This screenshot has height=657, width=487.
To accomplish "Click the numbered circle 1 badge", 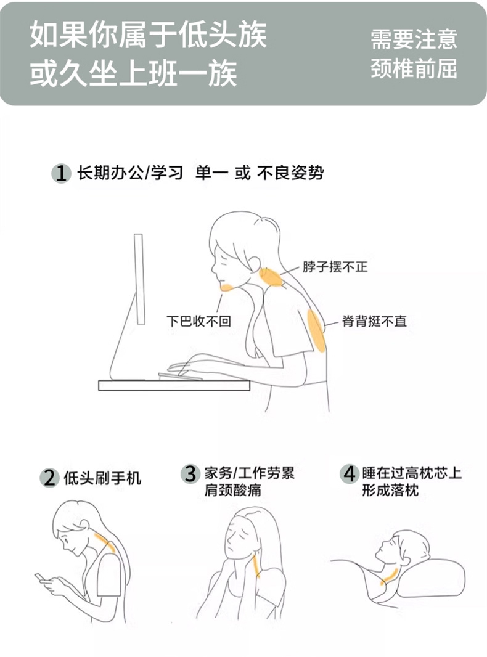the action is [x=61, y=173].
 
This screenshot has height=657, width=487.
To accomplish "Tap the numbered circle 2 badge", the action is [x=49, y=478].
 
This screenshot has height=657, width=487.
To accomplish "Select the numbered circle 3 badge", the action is [x=190, y=473].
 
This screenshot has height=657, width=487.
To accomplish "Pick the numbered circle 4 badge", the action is [x=349, y=473].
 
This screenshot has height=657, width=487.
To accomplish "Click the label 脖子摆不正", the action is [x=335, y=266].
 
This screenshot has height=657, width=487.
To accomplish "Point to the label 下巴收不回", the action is [x=198, y=321].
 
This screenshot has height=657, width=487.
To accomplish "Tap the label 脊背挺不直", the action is [x=374, y=321].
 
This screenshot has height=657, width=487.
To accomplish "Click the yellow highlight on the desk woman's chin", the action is [x=227, y=287].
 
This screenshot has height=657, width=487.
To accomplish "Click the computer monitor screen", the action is [x=139, y=279].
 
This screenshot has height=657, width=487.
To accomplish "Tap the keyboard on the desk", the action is [x=179, y=377].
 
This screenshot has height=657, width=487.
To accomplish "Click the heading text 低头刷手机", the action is [x=103, y=478].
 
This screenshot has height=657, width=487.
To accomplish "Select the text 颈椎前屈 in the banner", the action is [x=414, y=69].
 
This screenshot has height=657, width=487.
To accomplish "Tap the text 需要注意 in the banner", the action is [x=414, y=39].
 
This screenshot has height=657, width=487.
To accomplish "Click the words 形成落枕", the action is [x=390, y=490].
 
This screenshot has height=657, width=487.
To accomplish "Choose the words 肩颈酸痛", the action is [x=232, y=490].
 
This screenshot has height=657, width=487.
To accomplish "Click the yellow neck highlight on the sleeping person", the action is [x=389, y=575].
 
